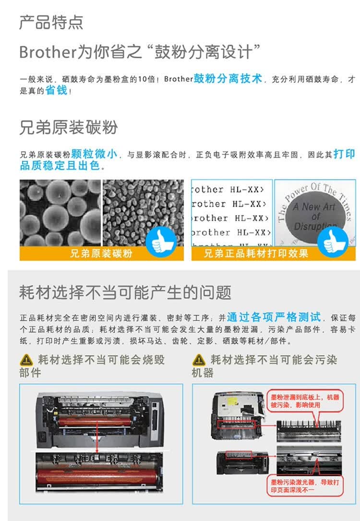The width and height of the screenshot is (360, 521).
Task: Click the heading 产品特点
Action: point(51,22)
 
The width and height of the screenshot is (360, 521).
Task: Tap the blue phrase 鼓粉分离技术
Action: point(228,79)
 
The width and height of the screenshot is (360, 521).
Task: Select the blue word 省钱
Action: point(56,90)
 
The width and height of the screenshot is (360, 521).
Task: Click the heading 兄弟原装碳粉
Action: point(68,128)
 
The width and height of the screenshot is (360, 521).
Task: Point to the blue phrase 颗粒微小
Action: point(94,154)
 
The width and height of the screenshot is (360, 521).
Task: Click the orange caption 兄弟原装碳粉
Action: point(101,254)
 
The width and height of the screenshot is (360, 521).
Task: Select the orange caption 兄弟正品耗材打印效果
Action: point(256,254)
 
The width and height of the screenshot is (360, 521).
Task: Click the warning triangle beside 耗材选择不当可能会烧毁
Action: point(26,360)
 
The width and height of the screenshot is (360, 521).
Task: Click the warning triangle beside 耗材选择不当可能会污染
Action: point(199,360)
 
